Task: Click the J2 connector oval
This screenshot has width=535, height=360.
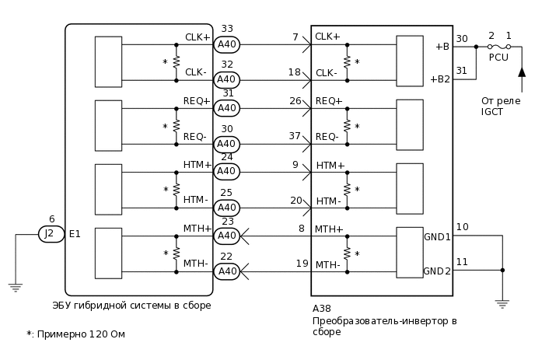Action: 51,233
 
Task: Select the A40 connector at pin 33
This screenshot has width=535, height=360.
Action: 226,44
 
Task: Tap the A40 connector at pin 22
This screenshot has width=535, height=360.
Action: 226,271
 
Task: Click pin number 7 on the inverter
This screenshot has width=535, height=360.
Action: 295,37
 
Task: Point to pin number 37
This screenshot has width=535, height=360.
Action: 295,136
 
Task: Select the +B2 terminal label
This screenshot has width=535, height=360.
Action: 439,79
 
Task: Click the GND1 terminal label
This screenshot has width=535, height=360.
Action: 437,236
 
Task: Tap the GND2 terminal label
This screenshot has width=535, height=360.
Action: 437,271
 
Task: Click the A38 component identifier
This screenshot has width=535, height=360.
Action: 321,309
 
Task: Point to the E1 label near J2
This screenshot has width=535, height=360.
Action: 75,233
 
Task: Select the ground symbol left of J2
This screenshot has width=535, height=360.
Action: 15,287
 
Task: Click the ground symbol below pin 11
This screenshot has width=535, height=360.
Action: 502,302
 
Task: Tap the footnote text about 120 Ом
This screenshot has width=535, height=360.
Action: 75,334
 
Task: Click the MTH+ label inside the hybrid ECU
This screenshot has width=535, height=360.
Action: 197,228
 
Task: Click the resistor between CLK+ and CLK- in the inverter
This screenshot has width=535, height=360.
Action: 347,62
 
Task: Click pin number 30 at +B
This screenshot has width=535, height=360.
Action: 462,39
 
